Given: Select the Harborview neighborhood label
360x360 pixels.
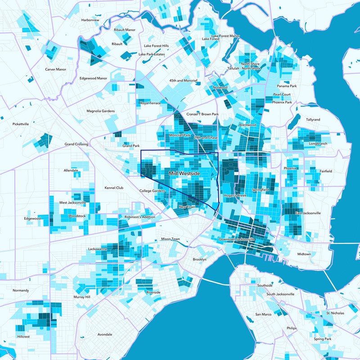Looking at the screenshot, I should pyautogui.click(x=90, y=20).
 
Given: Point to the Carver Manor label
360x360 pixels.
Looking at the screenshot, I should pyautogui.click(x=55, y=69).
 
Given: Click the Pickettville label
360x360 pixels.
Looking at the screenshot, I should pyautogui.click(x=21, y=124).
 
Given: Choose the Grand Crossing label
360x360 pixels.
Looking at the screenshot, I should pyautogui.click(x=76, y=144).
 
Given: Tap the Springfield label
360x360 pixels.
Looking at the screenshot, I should pyautogui.click(x=260, y=190).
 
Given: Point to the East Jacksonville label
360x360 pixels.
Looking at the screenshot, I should pyautogui.click(x=308, y=213).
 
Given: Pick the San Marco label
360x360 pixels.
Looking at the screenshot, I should pyautogui.click(x=263, y=314).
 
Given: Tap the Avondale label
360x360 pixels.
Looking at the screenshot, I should pyautogui.click(x=105, y=334).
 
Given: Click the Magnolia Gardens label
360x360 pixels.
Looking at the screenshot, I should pyautogui.click(x=100, y=111).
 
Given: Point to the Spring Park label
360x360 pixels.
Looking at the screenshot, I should pyautogui.click(x=323, y=339).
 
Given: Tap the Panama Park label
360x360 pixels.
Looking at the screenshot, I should pyautogui.click(x=287, y=86).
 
